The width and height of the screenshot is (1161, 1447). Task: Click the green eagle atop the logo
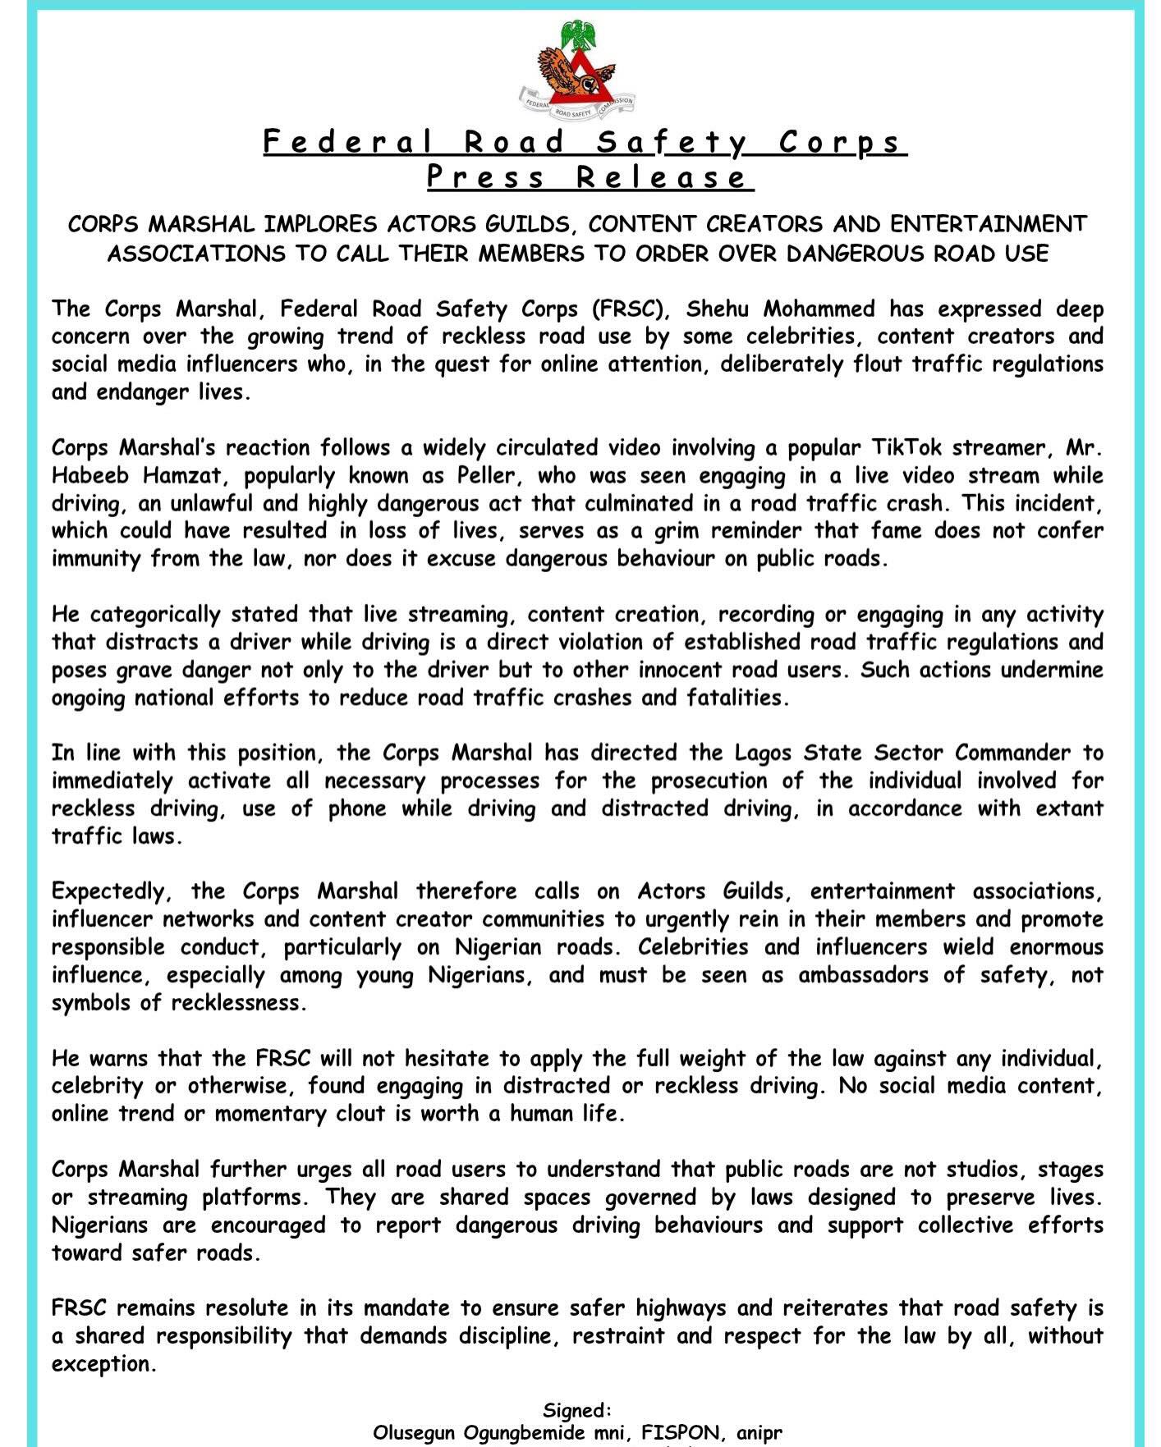click(578, 35)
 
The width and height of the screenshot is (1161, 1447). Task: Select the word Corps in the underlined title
click(841, 143)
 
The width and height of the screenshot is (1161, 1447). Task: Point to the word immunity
click(94, 559)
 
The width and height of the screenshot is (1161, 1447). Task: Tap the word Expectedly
click(112, 892)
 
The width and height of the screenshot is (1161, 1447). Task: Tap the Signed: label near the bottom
click(577, 1411)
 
